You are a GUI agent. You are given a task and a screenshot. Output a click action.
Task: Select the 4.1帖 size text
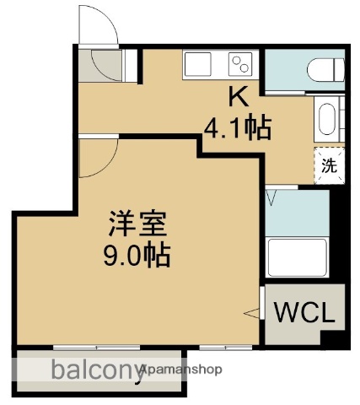237,129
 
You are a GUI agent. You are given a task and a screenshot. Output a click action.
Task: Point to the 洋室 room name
136,224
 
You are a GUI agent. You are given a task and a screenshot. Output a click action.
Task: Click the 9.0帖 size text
136,254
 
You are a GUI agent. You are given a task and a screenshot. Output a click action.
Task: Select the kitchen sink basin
201,65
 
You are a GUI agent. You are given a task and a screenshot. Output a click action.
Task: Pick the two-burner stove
239,64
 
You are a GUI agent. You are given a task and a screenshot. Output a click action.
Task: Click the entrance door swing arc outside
95,25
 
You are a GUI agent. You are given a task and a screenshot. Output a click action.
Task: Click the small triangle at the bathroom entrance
271,197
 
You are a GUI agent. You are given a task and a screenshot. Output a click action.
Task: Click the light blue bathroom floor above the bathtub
297,214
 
